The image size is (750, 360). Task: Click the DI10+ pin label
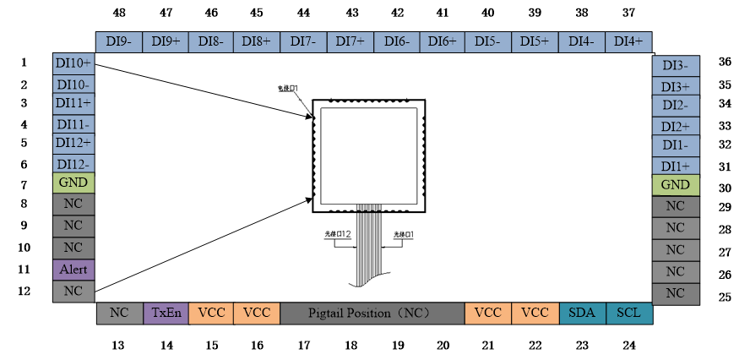click(73, 64)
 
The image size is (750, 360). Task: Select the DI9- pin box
click(118, 41)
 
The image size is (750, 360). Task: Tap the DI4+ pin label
click(628, 41)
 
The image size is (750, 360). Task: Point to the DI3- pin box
click(675, 66)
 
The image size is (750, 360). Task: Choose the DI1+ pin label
click(675, 166)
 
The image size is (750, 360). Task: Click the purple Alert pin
click(73, 270)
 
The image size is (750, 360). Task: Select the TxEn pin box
click(166, 313)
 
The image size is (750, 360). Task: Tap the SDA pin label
click(582, 313)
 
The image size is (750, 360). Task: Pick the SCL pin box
click(628, 313)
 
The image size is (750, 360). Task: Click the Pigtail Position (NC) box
click(372, 313)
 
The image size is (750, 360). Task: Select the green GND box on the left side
click(73, 183)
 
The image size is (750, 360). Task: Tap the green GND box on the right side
click(675, 185)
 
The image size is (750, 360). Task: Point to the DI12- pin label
click(73, 164)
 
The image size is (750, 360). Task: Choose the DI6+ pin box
click(442, 41)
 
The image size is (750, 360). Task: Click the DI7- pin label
click(303, 41)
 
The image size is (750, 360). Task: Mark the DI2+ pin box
click(675, 127)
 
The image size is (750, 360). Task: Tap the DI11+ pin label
click(73, 103)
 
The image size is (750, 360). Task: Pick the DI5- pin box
click(488, 41)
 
